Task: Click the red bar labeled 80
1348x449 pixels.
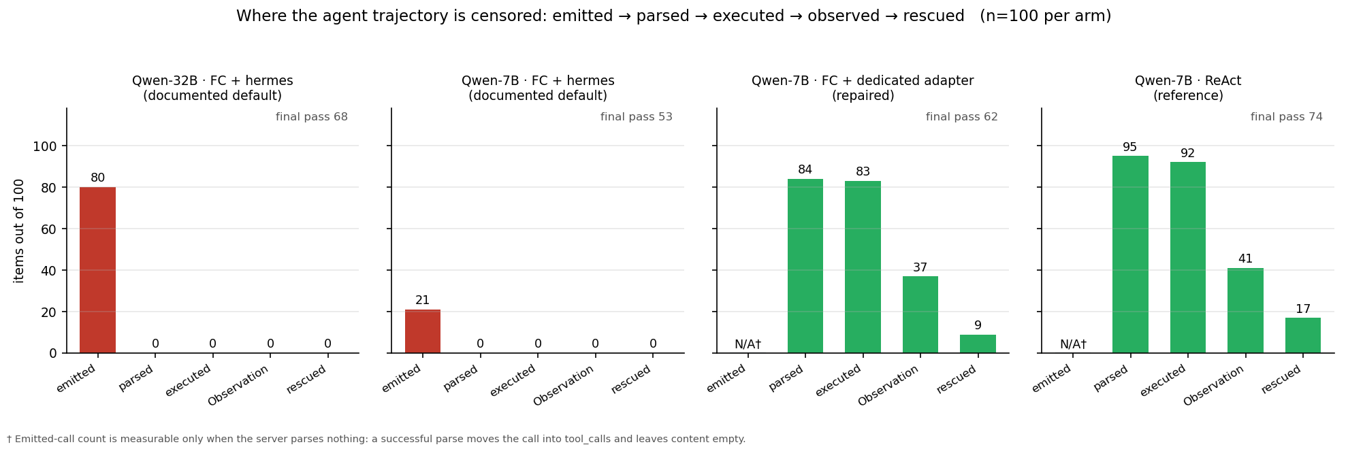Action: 97,270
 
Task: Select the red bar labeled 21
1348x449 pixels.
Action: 423,331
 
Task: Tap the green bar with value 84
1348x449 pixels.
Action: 805,266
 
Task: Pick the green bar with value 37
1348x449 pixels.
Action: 920,314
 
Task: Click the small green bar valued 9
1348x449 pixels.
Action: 978,344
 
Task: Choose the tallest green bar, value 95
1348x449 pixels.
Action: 1130,254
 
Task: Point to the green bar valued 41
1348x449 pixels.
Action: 1245,310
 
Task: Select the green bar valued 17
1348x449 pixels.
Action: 1303,335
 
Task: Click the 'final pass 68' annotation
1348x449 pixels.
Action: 312,117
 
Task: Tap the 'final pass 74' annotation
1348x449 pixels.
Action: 1287,117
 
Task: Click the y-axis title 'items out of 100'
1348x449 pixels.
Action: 19,231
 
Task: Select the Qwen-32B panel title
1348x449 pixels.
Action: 212,88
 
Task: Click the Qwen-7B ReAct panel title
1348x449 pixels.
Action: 1188,88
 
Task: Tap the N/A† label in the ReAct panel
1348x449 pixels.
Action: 1073,344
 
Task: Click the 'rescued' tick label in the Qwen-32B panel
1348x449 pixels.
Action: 306,379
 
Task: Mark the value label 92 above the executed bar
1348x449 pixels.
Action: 1188,154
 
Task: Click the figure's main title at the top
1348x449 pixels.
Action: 674,16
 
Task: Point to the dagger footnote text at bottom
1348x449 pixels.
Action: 376,439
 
